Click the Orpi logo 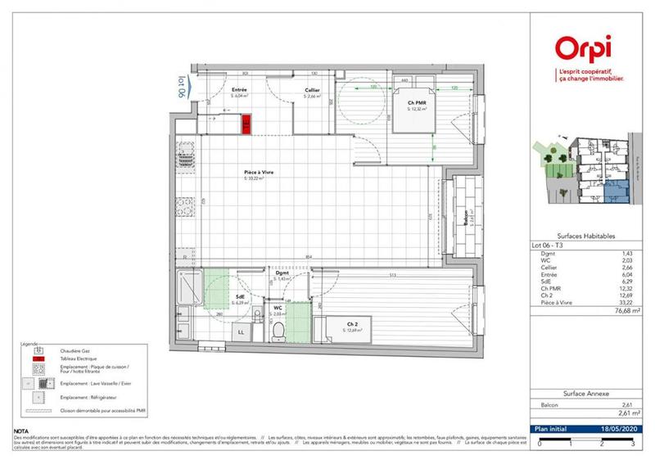coord(585,49)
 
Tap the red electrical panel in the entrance coord(246,124)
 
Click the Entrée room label coord(240,90)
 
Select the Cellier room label coord(312,90)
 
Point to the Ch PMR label coord(416,103)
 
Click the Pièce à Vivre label coord(257,173)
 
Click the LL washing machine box coord(242,332)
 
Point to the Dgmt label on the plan coord(282,274)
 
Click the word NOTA coord(22,430)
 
